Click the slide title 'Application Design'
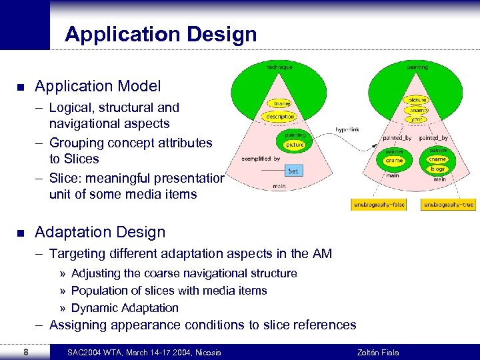point(160,34)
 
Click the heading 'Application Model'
point(97,86)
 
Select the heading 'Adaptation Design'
point(99,232)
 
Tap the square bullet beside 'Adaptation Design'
point(21,233)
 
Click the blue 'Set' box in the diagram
point(293,171)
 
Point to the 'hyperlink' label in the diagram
point(347,129)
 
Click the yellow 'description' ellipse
point(280,117)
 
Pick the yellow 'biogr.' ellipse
point(437,169)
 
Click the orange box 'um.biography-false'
point(378,205)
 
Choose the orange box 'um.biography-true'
point(449,205)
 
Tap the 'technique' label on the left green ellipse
point(279,67)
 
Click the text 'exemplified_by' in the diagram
point(261,159)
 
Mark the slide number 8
point(25,351)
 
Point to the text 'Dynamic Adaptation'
point(125,308)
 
